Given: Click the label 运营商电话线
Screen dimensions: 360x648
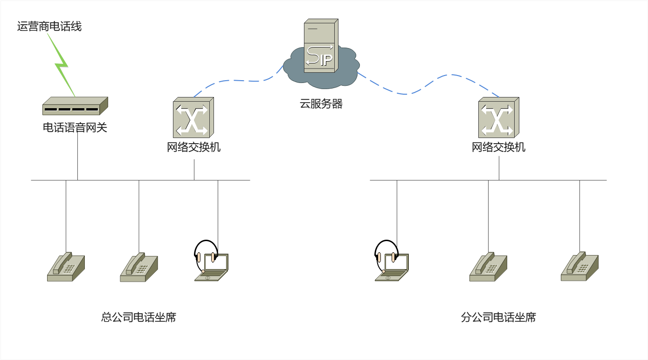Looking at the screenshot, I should [49, 27].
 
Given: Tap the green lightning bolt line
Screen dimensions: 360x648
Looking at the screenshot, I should [62, 65].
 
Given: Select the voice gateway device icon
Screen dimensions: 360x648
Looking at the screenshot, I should [75, 106].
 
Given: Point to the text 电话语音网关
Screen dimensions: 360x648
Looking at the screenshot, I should [75, 127].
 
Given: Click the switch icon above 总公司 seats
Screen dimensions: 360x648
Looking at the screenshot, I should [193, 118].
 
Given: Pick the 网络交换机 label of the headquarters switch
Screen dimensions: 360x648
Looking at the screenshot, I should [193, 148].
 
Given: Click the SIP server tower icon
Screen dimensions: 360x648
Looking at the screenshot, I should [320, 46].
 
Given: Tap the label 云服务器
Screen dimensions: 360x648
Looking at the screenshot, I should [321, 104].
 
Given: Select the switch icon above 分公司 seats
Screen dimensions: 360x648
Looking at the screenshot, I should [498, 118].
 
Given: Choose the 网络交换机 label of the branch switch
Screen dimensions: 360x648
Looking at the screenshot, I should [498, 148].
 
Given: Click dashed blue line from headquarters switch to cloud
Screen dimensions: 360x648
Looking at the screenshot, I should [238, 81].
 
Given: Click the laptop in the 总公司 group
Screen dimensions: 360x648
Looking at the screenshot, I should [212, 267].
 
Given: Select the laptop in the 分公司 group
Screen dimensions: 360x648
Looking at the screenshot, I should [393, 267].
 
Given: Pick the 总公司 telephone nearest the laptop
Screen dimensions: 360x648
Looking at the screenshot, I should [139, 267].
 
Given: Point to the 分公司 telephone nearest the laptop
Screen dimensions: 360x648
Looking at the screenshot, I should [488, 267].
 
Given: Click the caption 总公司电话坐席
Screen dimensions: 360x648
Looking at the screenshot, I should [138, 318].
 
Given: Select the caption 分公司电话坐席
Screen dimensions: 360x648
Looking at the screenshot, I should [498, 318].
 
